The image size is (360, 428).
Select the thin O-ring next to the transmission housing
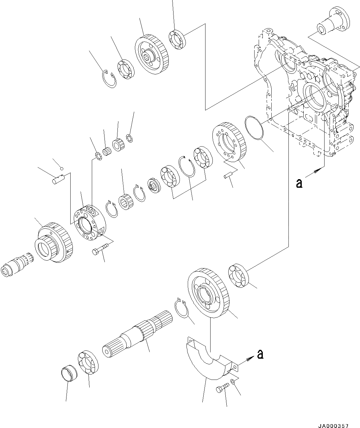254,127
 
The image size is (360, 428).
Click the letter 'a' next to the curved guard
260,355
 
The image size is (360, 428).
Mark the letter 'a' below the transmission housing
298,183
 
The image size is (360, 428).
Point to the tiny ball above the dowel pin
62,168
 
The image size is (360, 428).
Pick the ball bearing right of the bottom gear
238,275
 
